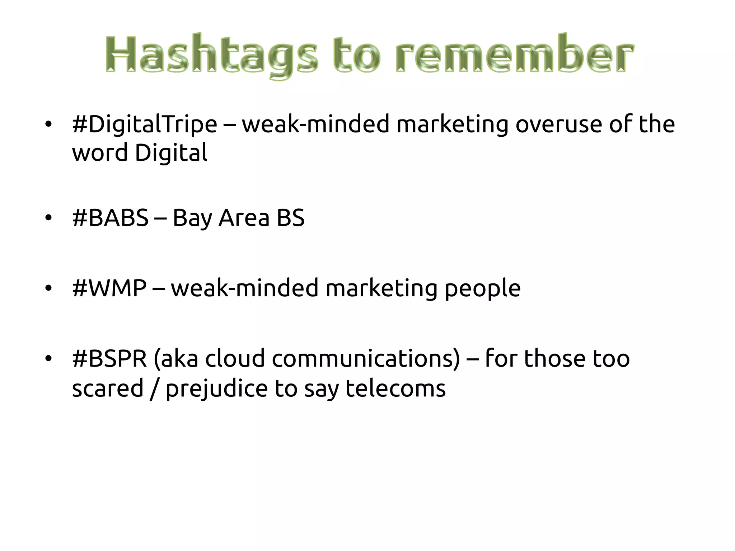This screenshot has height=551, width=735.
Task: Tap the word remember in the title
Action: coord(515,54)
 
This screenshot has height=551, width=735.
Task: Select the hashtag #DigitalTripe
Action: coord(144,124)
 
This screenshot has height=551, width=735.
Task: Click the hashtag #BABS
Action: coord(110,218)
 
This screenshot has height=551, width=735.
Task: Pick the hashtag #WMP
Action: coord(109,288)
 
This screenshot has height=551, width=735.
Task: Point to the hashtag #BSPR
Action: coord(109,358)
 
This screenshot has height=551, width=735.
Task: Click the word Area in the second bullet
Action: coord(244,218)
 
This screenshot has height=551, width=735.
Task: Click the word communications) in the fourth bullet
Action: coord(366,358)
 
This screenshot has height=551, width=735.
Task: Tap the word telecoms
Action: coord(395,388)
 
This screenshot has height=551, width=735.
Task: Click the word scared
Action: coord(108,388)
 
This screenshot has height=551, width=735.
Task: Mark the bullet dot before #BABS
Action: coord(48,218)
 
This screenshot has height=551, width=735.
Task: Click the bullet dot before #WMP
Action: coord(48,288)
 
